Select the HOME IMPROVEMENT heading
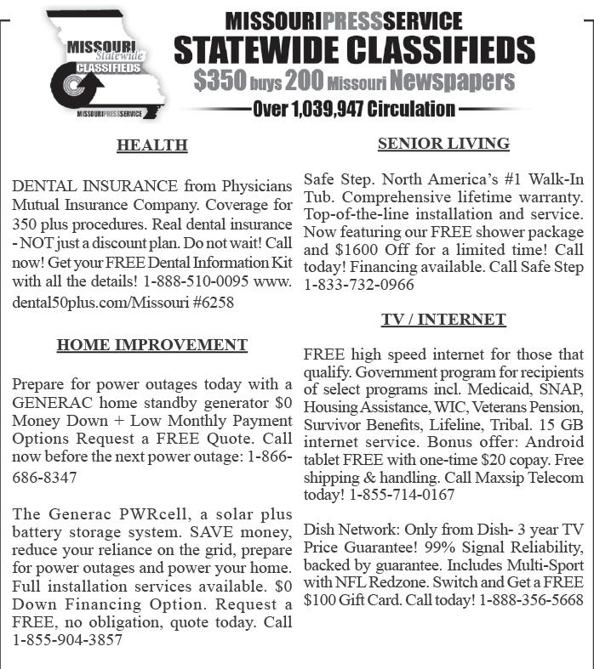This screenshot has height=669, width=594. [x=151, y=345]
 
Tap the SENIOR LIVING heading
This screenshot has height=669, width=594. [x=443, y=144]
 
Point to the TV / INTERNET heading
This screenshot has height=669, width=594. [x=443, y=320]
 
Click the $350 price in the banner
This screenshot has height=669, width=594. [x=220, y=81]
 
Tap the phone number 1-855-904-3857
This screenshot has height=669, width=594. [x=67, y=640]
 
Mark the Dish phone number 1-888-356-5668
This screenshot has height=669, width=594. [x=531, y=599]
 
